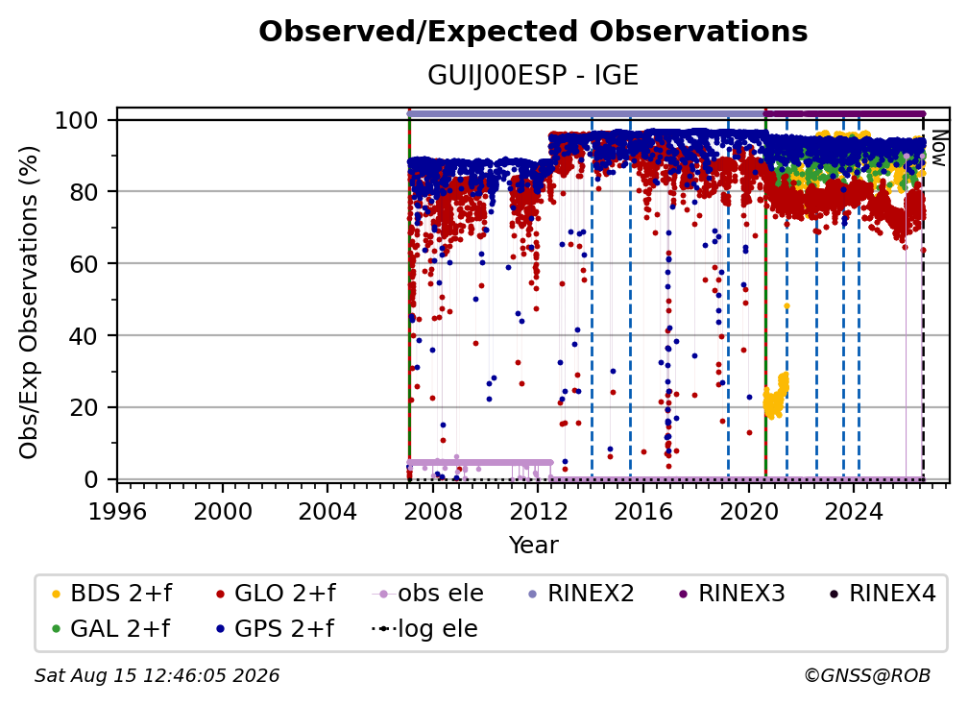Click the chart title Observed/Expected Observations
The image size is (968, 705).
click(533, 32)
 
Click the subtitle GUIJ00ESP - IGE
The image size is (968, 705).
click(533, 76)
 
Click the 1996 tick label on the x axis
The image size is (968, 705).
click(117, 512)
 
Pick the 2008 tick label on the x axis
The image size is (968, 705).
click(433, 512)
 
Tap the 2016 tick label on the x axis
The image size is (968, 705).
click(643, 512)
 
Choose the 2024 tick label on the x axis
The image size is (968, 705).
click(854, 512)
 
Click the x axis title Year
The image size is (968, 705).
click(533, 546)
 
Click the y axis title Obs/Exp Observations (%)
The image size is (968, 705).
click(29, 302)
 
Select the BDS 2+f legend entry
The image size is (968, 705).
click(111, 594)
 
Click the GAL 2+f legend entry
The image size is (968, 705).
click(110, 629)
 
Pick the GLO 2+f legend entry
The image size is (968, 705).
click(276, 594)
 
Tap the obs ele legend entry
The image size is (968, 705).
click(427, 594)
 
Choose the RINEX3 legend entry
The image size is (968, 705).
click(732, 594)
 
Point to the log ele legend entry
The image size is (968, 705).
click(424, 629)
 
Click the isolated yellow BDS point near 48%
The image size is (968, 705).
click(786, 306)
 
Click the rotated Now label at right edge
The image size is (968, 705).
click(938, 148)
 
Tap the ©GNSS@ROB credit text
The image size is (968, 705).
click(867, 675)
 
